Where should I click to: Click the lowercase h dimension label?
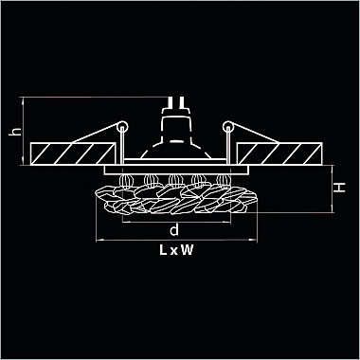[x=15, y=131]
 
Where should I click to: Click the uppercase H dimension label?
[x=340, y=188]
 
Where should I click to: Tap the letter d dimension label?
[x=174, y=229]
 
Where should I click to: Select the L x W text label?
[x=176, y=250]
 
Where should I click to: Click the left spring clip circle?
[x=122, y=127]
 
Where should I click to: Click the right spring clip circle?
[x=228, y=127]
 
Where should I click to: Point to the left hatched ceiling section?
[x=73, y=153]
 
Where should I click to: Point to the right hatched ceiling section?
[x=279, y=153]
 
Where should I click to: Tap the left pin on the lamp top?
[x=170, y=102]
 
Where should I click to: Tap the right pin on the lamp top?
[x=182, y=102]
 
